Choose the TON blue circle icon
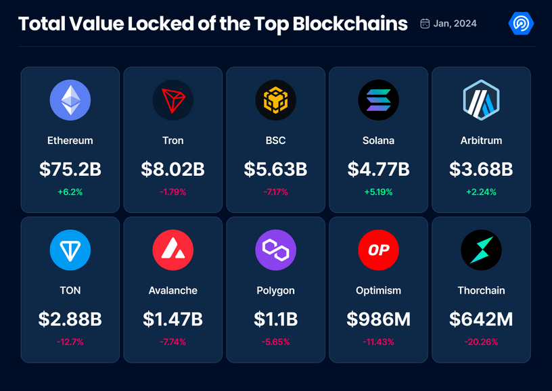point(70,250)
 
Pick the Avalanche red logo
point(173,250)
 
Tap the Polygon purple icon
point(275,250)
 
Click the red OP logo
point(378,250)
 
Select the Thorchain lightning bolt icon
point(481,250)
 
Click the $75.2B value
point(70,169)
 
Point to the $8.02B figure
point(173,169)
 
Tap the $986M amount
point(378,319)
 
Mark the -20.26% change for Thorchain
point(481,342)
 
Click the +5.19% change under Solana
point(378,192)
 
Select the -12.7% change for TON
point(70,342)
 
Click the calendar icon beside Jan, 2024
point(425,24)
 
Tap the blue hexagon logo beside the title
point(521,24)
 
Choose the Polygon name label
point(275,290)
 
